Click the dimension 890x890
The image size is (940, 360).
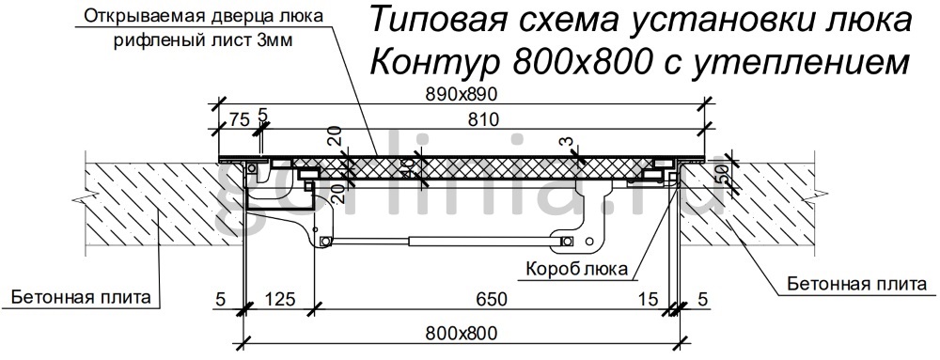461,94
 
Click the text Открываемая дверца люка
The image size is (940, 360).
204,16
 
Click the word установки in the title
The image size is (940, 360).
716,20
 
